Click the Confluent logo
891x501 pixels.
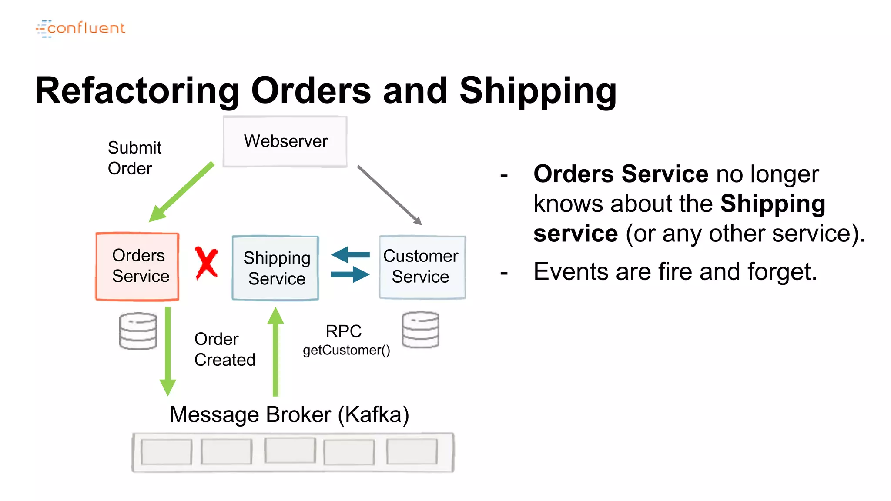(80, 28)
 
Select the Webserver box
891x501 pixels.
(285, 141)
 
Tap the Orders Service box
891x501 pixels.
(137, 266)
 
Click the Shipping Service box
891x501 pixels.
(275, 268)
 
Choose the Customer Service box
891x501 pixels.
(422, 267)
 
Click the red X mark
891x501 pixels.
(206, 263)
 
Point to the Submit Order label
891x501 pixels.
(134, 158)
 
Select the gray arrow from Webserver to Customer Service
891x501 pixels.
(389, 194)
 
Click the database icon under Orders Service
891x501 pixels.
(138, 331)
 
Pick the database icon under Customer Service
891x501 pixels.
(420, 329)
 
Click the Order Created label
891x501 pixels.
(224, 349)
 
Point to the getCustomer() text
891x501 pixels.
(346, 350)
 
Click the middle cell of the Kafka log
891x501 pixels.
(290, 451)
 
